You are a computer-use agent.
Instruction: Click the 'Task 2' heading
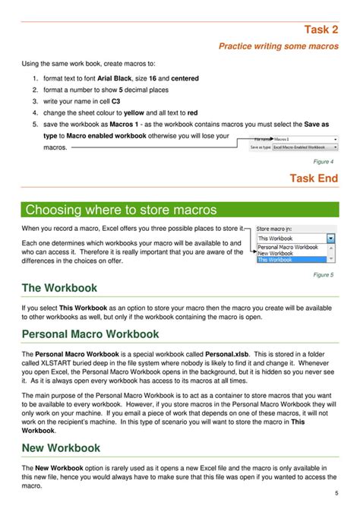coord(321,30)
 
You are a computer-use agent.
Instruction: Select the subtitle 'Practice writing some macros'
coord(278,46)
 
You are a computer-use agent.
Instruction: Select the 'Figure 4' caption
coord(323,162)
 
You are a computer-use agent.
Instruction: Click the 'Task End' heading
coord(314,179)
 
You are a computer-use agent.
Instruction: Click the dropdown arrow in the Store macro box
coord(330,238)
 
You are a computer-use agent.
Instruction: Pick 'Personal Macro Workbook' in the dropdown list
coord(288,247)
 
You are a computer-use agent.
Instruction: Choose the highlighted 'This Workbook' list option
coord(275,260)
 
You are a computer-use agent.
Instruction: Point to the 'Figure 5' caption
coord(323,274)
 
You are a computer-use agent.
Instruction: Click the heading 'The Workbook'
coord(59,288)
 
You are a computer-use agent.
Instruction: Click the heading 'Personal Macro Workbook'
coord(90,334)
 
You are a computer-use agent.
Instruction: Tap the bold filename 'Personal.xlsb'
coord(235,354)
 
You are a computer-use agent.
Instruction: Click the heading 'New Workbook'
coord(61,447)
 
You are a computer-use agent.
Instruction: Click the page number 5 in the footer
coord(336,493)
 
